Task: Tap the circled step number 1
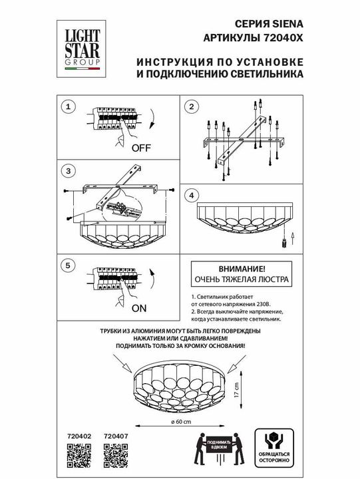pos(67,106)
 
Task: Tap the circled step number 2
pos(190,106)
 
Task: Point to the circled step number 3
pos(67,171)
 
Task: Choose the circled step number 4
pos(190,196)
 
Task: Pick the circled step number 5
pos(67,264)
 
